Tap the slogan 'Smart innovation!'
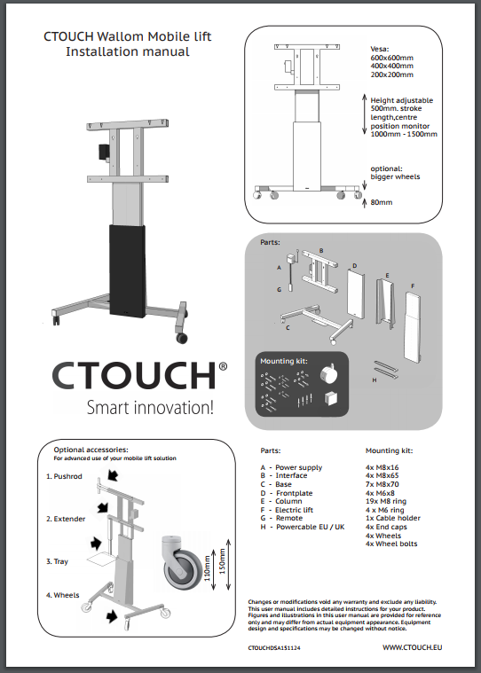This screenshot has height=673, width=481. click(149, 408)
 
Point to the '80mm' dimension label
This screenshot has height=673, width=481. click(382, 202)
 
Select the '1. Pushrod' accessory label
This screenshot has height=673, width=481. click(64, 476)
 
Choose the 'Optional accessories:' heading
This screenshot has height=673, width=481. click(91, 450)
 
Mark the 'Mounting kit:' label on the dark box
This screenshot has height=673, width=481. click(283, 361)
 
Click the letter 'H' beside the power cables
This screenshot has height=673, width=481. click(375, 380)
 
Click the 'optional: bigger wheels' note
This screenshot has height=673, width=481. click(395, 172)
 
